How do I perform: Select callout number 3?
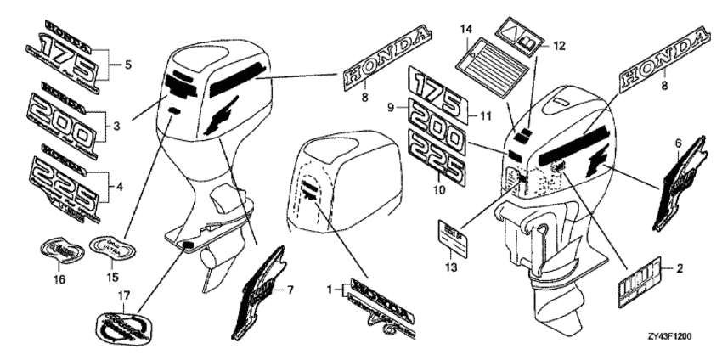coord(116,125)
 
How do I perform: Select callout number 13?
coord(452,267)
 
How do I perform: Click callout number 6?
coord(678,145)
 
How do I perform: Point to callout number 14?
coord(465,31)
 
